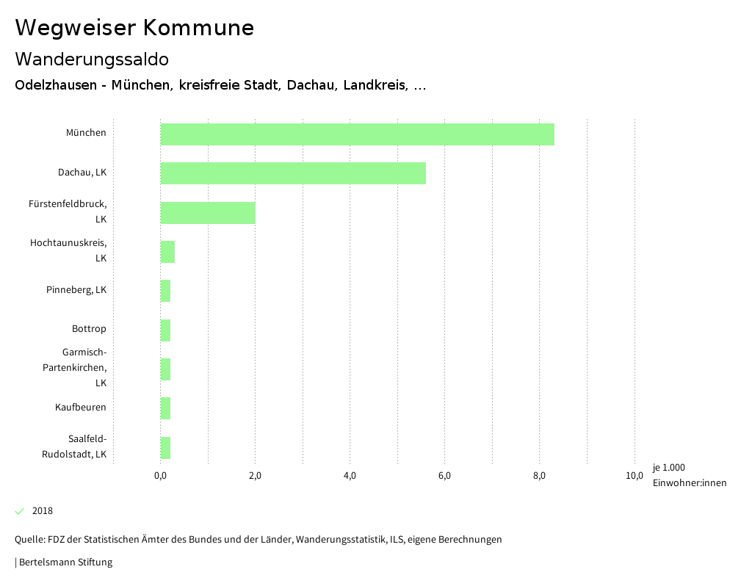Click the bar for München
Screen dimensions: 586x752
point(357,134)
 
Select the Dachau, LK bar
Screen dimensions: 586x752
point(293,173)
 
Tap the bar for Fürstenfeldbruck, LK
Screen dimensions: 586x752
point(208,213)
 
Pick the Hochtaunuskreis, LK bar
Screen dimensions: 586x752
point(167,252)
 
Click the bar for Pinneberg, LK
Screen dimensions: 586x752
point(165,291)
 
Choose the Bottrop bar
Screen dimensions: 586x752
point(165,330)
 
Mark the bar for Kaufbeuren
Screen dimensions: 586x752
point(165,408)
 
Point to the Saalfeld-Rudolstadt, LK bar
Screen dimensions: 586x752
point(165,448)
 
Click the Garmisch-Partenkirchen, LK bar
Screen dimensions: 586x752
point(165,369)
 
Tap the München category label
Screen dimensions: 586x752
point(86,133)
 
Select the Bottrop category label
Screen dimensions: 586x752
point(89,328)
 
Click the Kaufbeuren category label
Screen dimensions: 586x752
point(81,407)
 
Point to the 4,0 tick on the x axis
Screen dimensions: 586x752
point(350,476)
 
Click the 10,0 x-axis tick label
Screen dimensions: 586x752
point(634,476)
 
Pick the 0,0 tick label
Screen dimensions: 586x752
point(160,476)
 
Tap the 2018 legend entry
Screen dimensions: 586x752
point(42,511)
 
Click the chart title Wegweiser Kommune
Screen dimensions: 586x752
point(134,28)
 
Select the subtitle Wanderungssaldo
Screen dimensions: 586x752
point(92,59)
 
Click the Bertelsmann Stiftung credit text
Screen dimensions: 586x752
point(65,563)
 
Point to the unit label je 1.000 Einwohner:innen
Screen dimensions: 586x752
point(689,475)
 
